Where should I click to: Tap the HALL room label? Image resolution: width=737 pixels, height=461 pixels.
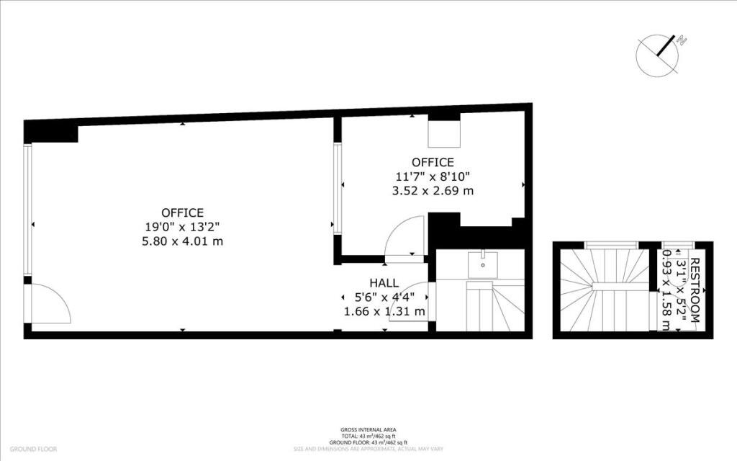[384, 283]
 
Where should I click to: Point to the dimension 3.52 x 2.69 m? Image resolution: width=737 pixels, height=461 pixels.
[433, 191]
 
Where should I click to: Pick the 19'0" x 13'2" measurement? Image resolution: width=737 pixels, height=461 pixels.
[182, 227]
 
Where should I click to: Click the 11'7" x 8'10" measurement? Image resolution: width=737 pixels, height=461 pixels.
[433, 176]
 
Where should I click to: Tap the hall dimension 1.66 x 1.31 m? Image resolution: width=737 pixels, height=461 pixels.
[384, 312]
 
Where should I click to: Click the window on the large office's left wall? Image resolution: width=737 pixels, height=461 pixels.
[27, 209]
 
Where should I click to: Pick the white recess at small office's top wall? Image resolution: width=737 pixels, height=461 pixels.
[445, 133]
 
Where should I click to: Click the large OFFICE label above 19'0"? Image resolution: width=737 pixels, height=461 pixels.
[182, 212]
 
